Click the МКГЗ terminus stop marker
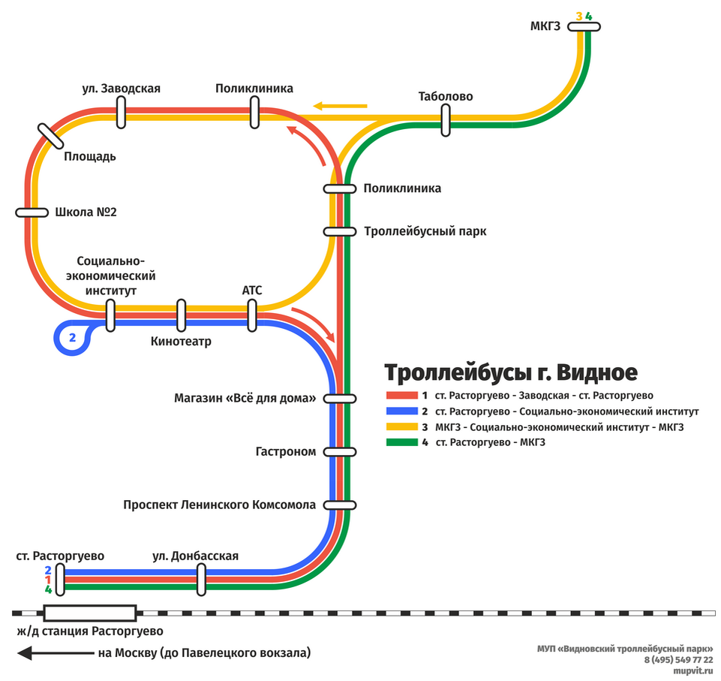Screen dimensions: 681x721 tap(584, 27)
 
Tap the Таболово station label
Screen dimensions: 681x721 tap(446, 96)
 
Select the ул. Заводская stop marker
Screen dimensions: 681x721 tap(121, 113)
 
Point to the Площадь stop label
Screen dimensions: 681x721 tap(89, 156)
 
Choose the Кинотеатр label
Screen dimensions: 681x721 tap(181, 342)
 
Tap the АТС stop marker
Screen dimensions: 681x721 tap(251, 315)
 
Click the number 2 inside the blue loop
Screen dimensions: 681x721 tap(72, 337)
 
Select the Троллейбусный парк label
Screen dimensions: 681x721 tap(425, 231)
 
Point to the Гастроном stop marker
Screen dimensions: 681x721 tap(340, 452)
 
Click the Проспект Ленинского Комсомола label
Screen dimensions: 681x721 tap(220, 505)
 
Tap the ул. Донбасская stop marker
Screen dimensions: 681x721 tap(201, 580)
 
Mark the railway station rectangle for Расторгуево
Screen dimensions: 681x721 tap(90, 613)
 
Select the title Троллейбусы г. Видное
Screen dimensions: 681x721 tap(511, 372)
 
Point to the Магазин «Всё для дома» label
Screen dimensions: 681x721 tap(245, 398)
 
